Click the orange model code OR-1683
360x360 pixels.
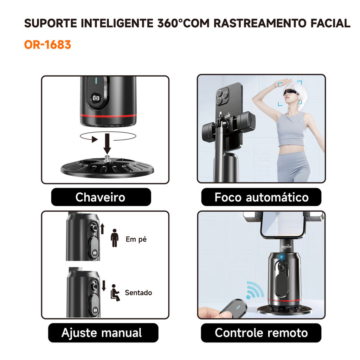click(x=47, y=45)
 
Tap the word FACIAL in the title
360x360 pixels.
click(x=330, y=23)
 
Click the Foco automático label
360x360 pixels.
click(x=261, y=197)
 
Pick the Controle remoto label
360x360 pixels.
click(x=261, y=333)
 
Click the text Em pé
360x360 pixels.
click(x=136, y=239)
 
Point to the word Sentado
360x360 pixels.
click(x=139, y=292)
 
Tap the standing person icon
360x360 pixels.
click(x=115, y=238)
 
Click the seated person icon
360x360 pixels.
click(x=115, y=293)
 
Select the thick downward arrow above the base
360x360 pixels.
click(x=107, y=144)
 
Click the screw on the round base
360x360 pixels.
click(x=107, y=159)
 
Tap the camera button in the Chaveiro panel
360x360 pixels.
click(x=96, y=98)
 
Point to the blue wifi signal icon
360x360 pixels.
click(x=255, y=290)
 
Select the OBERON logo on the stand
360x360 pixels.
click(x=286, y=247)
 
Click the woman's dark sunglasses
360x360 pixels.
click(x=291, y=92)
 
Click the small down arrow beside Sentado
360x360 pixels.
click(x=104, y=285)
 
